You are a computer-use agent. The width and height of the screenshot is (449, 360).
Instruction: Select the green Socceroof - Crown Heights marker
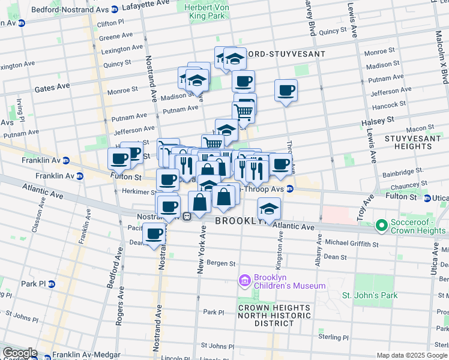point(381,226)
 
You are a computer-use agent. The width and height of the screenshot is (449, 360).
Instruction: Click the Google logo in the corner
point(19,353)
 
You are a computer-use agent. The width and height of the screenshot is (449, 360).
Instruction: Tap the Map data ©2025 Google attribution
point(412,355)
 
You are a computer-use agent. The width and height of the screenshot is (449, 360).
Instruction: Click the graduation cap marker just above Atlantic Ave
point(269,209)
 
